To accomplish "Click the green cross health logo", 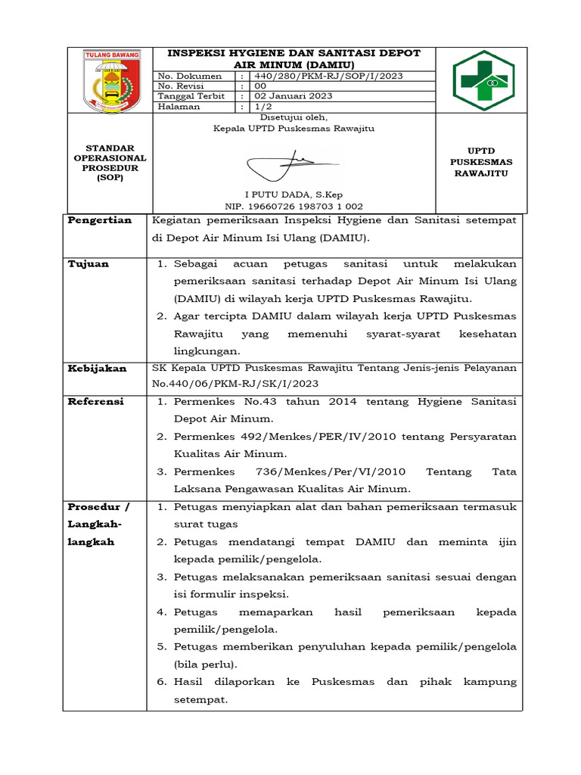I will coord(482,80).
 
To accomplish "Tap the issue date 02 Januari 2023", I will coord(294,96).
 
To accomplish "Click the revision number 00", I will coord(260,86).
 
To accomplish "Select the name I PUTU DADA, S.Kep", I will coord(294,195).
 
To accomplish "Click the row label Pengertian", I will coord(100,220).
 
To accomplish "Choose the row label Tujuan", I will coord(89,263).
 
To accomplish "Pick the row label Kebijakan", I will coord(98,368).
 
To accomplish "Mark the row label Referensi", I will coord(96,402).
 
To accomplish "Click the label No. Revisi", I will coord(182,86).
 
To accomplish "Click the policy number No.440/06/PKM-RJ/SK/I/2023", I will coord(235,384).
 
